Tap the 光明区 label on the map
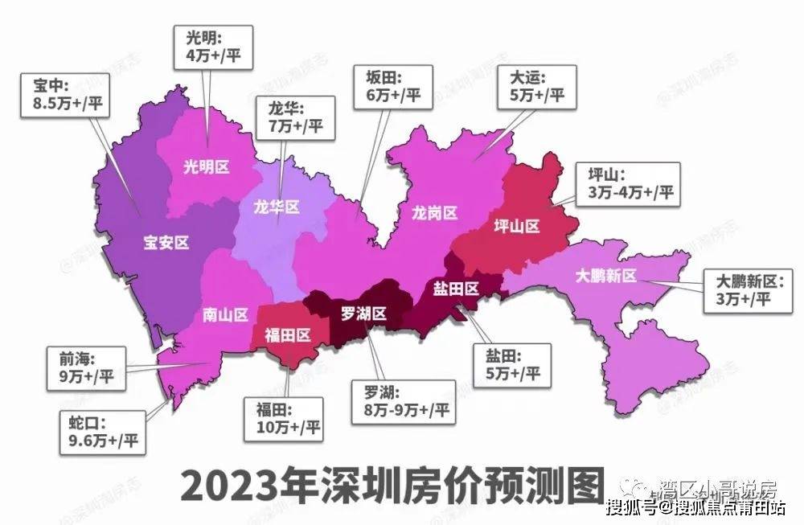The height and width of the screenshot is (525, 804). pyautogui.click(x=207, y=167)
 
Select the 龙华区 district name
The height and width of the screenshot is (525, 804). pyautogui.click(x=275, y=207)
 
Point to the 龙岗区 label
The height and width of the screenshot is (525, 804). pyautogui.click(x=435, y=212)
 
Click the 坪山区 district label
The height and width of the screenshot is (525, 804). pyautogui.click(x=515, y=227)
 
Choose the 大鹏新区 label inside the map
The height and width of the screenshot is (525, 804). pyautogui.click(x=606, y=276)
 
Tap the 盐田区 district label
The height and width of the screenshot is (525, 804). pyautogui.click(x=457, y=288)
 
